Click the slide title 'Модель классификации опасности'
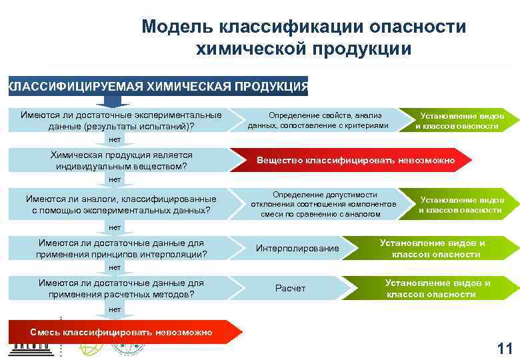[x=303, y=27]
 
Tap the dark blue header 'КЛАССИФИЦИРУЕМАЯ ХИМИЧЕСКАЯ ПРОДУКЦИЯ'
[x=157, y=87]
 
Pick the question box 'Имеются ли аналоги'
[x=121, y=205]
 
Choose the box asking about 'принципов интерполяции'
[x=121, y=249]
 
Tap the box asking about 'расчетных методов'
[x=121, y=288]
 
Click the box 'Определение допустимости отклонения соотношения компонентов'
[x=323, y=204]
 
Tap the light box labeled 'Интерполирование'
[x=297, y=249]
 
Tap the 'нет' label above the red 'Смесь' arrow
[x=115, y=309]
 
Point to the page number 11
[x=505, y=347]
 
